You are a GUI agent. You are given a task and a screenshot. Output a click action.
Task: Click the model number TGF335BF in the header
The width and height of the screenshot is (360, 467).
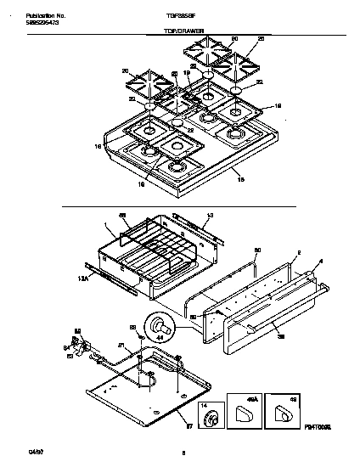tap(179, 16)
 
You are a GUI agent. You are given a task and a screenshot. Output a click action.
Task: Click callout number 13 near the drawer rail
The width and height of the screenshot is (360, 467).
tap(210, 215)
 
